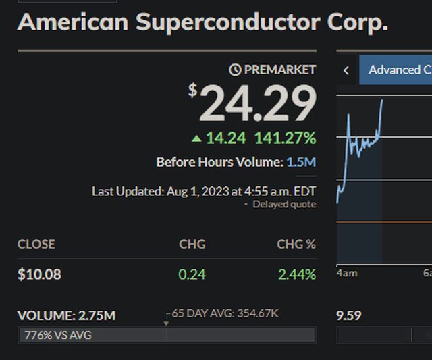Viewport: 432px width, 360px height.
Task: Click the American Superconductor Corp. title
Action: [202, 22]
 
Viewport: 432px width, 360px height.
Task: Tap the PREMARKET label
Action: [279, 70]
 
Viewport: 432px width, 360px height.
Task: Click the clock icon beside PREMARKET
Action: [235, 70]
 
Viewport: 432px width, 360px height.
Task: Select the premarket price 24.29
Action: [258, 104]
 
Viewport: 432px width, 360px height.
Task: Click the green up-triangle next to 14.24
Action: [196, 138]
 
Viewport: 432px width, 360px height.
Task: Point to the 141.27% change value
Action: [285, 138]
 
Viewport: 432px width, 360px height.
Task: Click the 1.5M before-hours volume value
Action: [301, 162]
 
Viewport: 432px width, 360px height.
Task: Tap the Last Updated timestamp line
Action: [203, 191]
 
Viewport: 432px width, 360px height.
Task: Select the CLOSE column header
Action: [36, 244]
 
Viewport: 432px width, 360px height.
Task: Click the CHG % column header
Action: [296, 244]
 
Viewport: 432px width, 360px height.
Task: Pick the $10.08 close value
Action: [39, 274]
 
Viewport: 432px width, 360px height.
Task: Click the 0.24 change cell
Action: [192, 274]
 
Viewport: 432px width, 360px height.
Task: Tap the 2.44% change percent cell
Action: [296, 274]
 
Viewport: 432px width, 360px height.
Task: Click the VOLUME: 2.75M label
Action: [66, 315]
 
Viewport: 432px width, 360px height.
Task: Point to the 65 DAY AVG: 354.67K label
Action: [225, 313]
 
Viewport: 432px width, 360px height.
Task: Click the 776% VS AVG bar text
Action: [57, 335]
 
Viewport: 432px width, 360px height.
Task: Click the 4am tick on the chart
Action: [347, 273]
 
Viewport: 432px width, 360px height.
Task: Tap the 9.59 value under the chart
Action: [349, 315]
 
